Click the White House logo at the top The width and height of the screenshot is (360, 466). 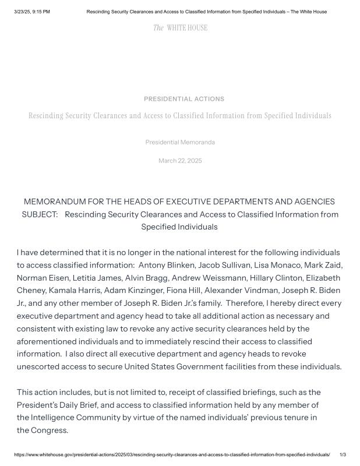pyautogui.click(x=180, y=28)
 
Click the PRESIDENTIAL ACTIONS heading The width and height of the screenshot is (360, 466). pyautogui.click(x=183, y=99)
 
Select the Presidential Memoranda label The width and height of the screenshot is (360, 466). pyautogui.click(x=180, y=142)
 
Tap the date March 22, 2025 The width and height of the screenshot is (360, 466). pyautogui.click(x=180, y=161)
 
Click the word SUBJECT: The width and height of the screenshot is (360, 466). pyautogui.click(x=40, y=214)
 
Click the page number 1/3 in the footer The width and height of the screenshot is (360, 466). pyautogui.click(x=343, y=454)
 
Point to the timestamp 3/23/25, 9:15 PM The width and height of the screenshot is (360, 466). pyautogui.click(x=32, y=12)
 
